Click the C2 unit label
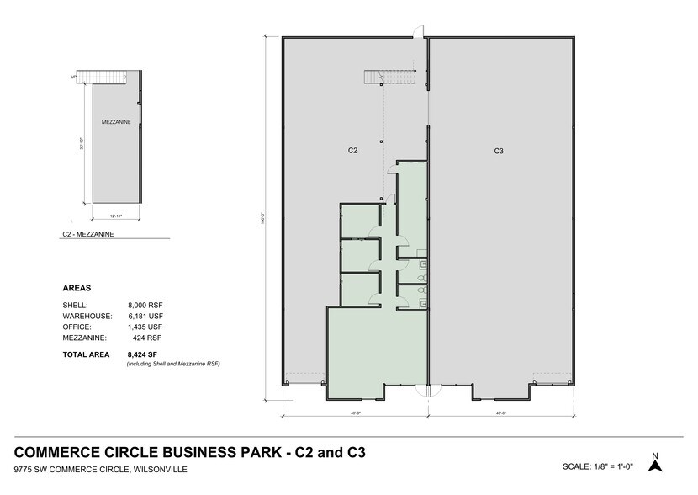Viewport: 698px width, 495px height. point(354,151)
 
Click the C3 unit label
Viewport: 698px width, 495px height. point(499,151)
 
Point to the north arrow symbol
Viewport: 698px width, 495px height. point(655,462)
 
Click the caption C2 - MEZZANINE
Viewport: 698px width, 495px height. point(88,234)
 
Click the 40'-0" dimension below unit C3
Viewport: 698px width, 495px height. point(500,413)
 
